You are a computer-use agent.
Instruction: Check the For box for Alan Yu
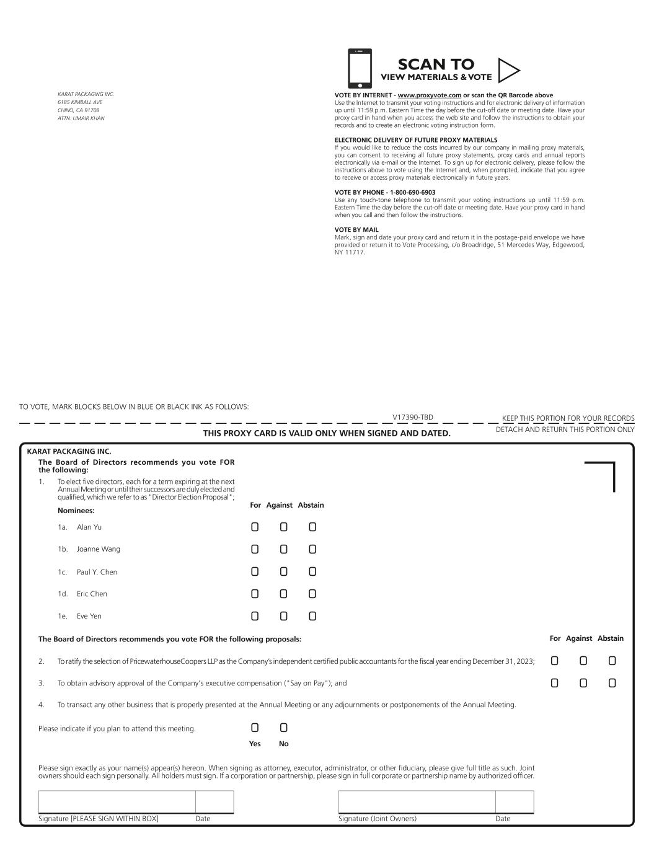pos(255,527)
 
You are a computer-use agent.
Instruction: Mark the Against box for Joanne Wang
pos(283,549)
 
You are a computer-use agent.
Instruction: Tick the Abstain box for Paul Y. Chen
pos(312,571)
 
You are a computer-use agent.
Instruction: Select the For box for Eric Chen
pos(255,594)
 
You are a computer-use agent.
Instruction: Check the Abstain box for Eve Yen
pos(312,616)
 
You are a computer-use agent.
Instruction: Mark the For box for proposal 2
pos(554,661)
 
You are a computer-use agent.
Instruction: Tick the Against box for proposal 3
pos(583,683)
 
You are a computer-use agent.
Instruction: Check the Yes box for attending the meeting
pos(255,728)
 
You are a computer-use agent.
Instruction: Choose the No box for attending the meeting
pos(283,728)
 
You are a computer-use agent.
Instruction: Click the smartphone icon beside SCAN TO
pos(360,68)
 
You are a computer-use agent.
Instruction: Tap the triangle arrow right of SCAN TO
pos(508,71)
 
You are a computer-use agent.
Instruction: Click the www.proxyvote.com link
pos(429,95)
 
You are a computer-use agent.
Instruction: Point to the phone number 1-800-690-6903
pos(412,192)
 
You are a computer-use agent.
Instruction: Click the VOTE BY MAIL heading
pos(356,230)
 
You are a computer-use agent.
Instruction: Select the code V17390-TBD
pos(413,418)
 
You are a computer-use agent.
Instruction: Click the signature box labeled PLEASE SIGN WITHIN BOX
pos(117,801)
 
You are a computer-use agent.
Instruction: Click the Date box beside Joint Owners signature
pos(515,801)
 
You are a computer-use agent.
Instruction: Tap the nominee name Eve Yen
pos(89,616)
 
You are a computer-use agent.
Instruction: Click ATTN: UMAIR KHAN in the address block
pos(81,118)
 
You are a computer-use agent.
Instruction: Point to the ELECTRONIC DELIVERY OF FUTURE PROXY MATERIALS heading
pos(416,140)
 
